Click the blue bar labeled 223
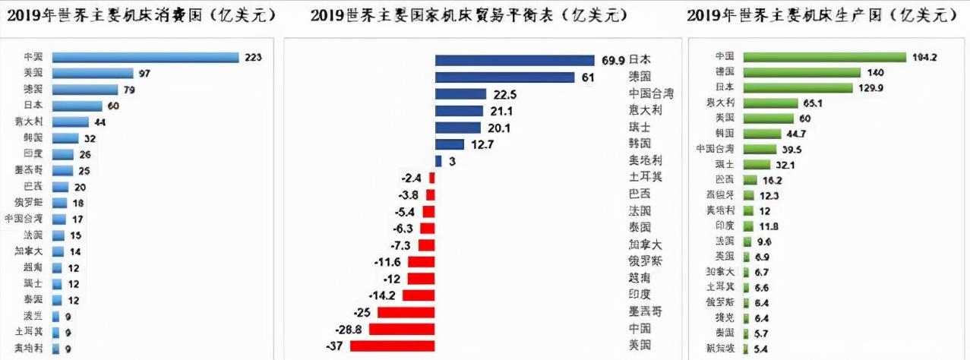(x=145, y=57)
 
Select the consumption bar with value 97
(x=93, y=73)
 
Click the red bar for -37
(x=392, y=346)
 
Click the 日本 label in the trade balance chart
(x=640, y=59)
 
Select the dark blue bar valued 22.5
(x=460, y=93)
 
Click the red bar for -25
(x=406, y=312)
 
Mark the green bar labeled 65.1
(x=770, y=103)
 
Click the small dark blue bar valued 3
(x=438, y=161)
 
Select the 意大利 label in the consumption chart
(x=28, y=122)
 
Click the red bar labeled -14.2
(x=419, y=295)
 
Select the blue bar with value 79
(x=85, y=89)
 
